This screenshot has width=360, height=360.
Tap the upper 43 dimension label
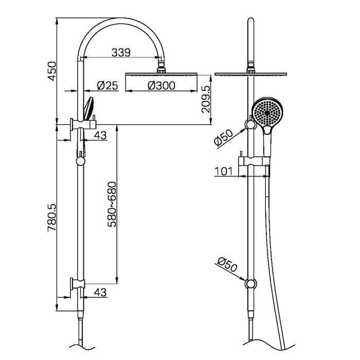100,135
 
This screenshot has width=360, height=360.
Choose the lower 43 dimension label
100,292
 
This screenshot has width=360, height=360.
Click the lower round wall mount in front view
250,283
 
